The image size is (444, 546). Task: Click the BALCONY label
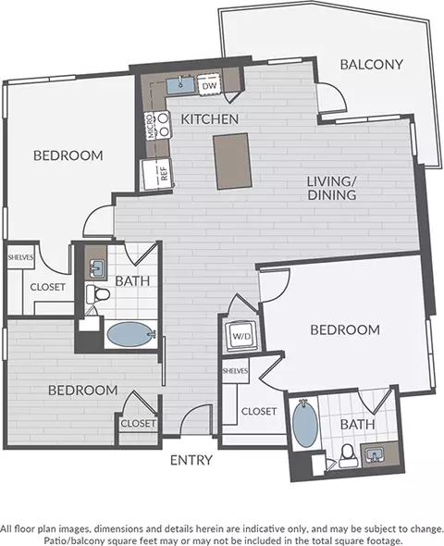(371, 65)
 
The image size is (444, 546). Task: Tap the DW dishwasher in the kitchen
(209, 85)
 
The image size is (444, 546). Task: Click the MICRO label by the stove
(151, 126)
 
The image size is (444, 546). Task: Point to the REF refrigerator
(157, 175)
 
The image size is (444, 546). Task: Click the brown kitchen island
(232, 161)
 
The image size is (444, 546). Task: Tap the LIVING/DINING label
(332, 188)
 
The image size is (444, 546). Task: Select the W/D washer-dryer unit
(241, 336)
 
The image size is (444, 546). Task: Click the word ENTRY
(191, 460)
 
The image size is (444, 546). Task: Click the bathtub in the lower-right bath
(305, 424)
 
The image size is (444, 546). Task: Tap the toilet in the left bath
(98, 294)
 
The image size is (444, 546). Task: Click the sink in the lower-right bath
(374, 454)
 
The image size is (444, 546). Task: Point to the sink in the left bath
(96, 268)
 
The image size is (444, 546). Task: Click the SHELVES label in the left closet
(21, 257)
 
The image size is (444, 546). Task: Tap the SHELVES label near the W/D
(235, 371)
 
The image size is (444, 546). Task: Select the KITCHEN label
(210, 119)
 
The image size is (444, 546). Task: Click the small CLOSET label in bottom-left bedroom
(138, 424)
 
